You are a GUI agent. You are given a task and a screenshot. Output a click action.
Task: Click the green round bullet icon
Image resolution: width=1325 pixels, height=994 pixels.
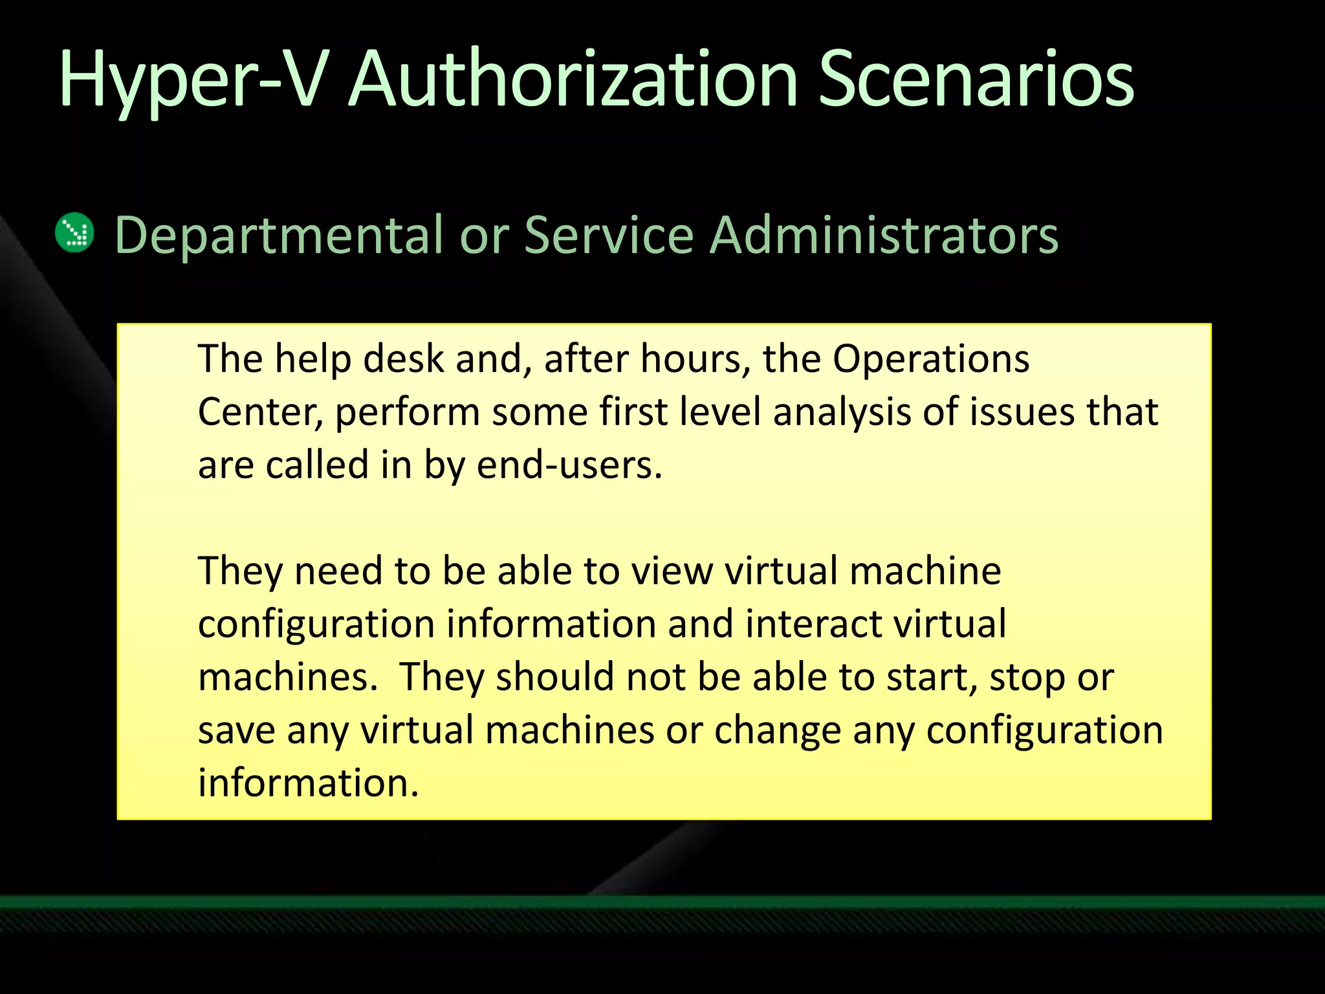(x=75, y=232)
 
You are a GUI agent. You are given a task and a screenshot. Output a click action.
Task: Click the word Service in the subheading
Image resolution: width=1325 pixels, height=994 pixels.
(x=609, y=234)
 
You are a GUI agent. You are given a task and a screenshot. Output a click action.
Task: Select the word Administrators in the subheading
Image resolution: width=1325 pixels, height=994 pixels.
(x=884, y=234)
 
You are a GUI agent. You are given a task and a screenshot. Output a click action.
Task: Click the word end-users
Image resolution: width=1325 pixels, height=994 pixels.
(x=569, y=465)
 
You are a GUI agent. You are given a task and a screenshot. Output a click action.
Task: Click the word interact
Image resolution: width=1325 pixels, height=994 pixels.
(x=813, y=624)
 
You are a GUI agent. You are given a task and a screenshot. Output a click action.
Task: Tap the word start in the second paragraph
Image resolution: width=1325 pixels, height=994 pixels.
(x=932, y=678)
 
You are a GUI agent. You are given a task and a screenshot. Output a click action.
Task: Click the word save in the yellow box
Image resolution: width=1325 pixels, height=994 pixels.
(x=237, y=731)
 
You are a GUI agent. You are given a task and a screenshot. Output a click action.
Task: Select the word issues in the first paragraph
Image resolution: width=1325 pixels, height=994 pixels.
(x=1022, y=412)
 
